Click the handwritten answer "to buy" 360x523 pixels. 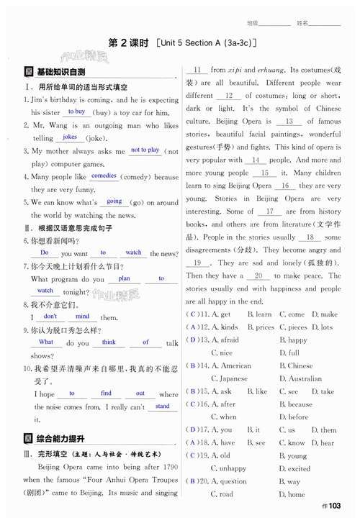point(76,112)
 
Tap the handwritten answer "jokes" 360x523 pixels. point(70,137)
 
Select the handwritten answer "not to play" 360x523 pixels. point(145,150)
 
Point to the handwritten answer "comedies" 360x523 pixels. point(104,176)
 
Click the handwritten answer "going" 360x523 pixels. point(114,201)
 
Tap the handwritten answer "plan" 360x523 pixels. point(125,278)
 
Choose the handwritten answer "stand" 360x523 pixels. point(163,406)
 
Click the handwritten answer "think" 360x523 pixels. point(109,342)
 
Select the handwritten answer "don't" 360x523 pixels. point(50,316)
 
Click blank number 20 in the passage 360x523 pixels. point(257,276)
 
